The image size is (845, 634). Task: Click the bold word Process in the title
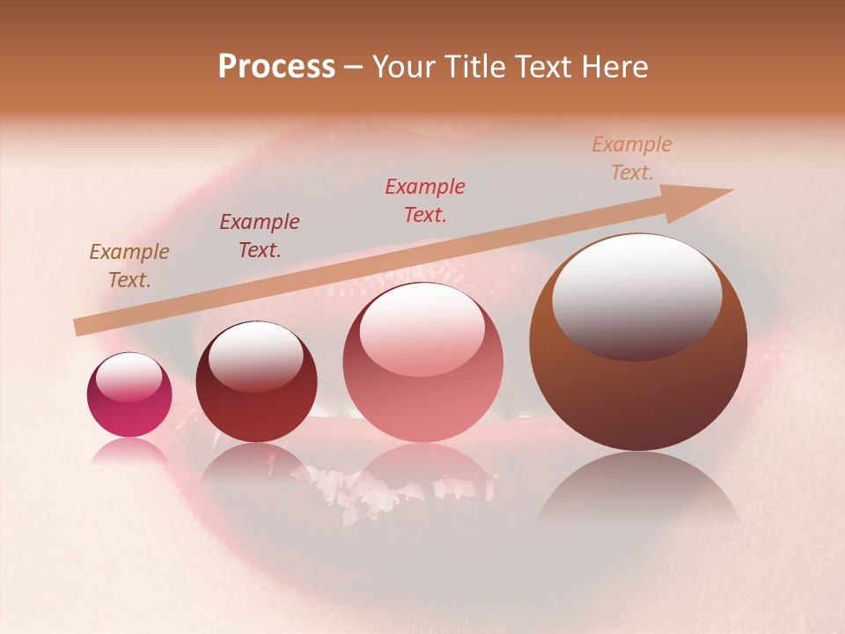coord(276,67)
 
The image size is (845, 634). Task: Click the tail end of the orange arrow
coord(77,328)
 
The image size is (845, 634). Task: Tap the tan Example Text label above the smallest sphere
coord(129,266)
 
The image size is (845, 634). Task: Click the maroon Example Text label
coord(260,236)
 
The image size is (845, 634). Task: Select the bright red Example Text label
coord(425,201)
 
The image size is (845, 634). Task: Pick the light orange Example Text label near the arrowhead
coord(632,158)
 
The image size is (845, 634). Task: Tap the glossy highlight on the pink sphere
coord(422,330)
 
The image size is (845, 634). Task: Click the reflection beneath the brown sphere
coord(638,489)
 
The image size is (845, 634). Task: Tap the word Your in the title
coord(405,67)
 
